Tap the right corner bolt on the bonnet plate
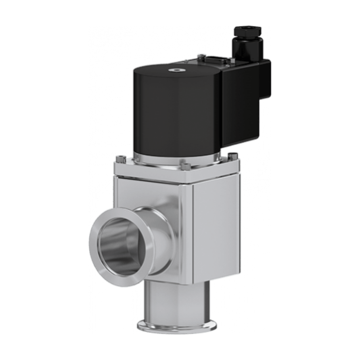click(232, 155)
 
